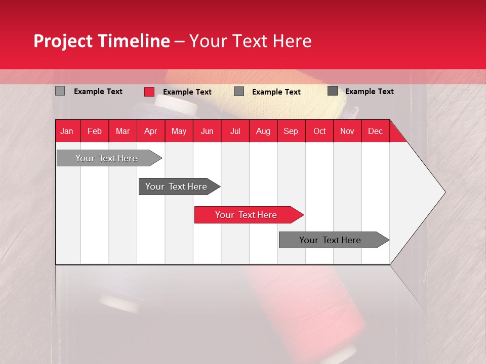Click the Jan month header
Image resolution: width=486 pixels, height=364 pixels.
point(67,131)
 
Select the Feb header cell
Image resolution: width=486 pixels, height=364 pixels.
point(95,131)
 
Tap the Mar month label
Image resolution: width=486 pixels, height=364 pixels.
point(123,131)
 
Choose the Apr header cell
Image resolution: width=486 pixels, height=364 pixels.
point(150,131)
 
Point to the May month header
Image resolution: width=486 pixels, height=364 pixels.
point(179,131)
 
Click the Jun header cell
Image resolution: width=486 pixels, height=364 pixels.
point(207,131)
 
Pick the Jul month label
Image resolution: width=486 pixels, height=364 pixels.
point(235,131)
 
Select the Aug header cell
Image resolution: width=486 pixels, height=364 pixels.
point(263,131)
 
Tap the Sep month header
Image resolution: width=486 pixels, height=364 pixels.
point(291,131)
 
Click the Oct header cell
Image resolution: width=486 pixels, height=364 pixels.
point(319,131)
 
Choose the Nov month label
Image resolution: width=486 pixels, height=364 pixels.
point(347,131)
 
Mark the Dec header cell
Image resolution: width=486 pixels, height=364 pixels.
point(375,131)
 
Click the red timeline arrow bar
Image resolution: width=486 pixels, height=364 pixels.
point(247,215)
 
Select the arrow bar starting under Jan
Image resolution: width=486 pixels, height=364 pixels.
point(107,158)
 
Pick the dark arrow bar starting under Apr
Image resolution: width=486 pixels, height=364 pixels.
point(177,187)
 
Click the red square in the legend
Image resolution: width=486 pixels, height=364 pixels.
point(149,92)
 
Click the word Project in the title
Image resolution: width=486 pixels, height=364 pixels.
point(63,41)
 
